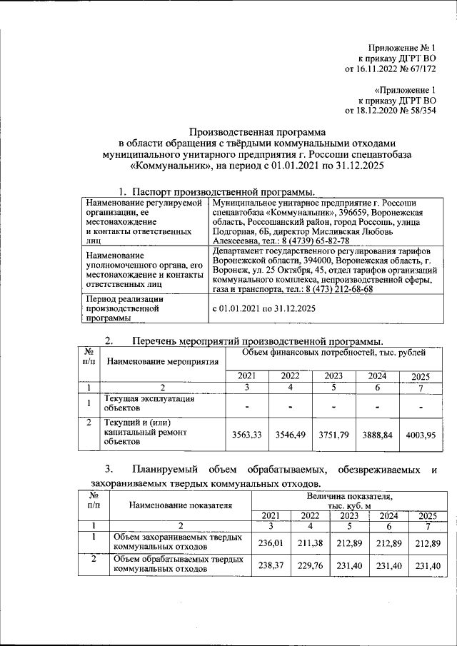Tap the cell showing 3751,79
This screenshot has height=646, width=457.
(333, 434)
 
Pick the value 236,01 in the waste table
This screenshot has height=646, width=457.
(271, 542)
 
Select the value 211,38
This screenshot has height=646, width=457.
(309, 542)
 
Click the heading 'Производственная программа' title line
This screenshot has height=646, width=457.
(256, 132)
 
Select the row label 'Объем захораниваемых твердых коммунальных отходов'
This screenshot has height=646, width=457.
(178, 542)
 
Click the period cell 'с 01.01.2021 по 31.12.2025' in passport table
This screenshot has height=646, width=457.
(263, 308)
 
